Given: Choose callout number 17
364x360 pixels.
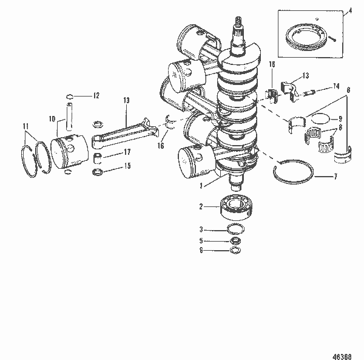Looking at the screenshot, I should (127, 152).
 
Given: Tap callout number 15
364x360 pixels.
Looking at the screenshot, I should (127, 166).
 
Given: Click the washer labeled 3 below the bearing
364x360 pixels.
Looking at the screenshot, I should (234, 229).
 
